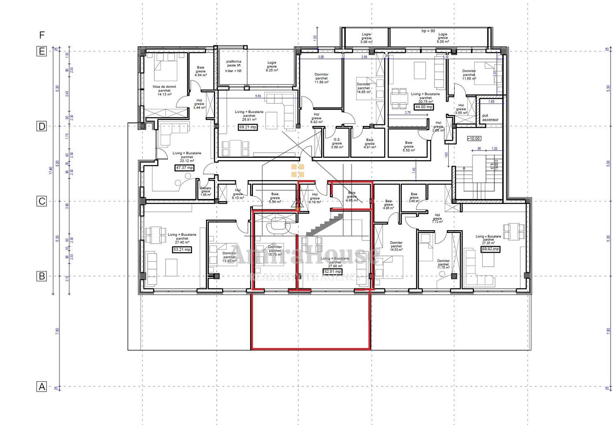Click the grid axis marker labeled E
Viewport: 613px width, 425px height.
pos(41,51)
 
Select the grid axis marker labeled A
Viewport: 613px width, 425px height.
pos(41,386)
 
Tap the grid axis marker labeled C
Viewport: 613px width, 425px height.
pos(41,201)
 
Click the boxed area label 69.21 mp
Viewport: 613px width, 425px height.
pos(248,127)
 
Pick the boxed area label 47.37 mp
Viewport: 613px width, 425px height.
pos(184,168)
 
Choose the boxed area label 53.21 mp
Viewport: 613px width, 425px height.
pos(182,249)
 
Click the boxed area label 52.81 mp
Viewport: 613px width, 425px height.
pos(333,272)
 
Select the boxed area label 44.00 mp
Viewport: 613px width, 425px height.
pos(424,107)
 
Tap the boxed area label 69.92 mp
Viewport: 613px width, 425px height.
pos(490,249)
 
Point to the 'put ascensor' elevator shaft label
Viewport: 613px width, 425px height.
pos(490,118)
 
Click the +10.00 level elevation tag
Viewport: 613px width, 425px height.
pos(474,139)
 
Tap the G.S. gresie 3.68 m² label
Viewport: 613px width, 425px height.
pos(337,143)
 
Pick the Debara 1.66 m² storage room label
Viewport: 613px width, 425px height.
pos(206,191)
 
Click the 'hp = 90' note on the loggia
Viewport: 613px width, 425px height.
pos(428,31)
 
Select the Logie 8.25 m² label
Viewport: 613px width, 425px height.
pos(272,66)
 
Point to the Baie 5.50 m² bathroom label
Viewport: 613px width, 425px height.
pos(409,146)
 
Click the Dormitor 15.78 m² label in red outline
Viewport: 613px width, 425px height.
pos(275,251)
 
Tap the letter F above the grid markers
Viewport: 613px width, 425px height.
pos(42,35)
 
